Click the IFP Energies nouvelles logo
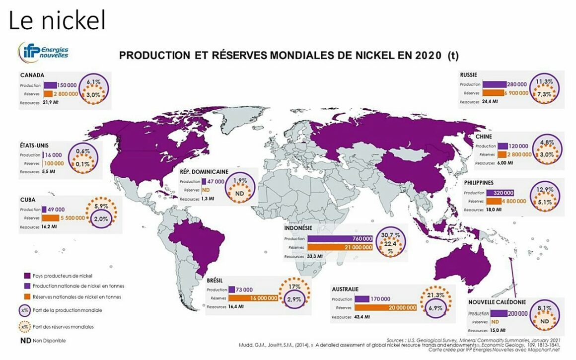point(44,52)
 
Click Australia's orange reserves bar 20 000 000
point(387,308)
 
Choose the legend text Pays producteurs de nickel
point(62,275)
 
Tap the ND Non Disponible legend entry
point(43,341)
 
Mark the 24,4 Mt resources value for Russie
point(491,102)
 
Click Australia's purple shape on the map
point(457,270)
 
